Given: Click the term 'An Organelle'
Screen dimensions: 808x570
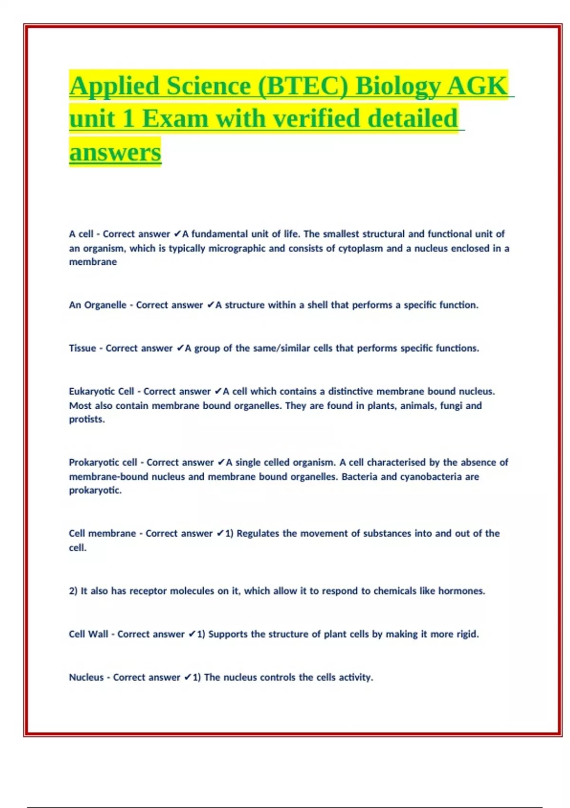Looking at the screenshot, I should coord(97,305).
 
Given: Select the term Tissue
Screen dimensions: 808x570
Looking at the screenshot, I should coord(82,348).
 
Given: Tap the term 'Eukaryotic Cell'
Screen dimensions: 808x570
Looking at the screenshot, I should coord(102,392).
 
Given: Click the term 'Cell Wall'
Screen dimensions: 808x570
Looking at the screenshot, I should coord(88,634).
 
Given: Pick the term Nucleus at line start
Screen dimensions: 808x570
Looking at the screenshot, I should coord(86,677).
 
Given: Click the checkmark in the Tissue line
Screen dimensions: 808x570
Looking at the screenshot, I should coord(180,348).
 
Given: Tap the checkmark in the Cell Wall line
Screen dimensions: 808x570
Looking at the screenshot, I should coord(192,634).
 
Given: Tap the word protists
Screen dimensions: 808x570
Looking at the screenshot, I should coord(86,420).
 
